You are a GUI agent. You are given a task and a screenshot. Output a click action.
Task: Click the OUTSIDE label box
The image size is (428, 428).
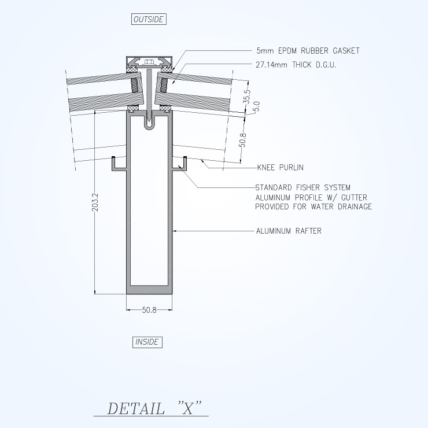pyautogui.click(x=149, y=19)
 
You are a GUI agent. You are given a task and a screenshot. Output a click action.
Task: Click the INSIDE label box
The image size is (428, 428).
pyautogui.click(x=147, y=342)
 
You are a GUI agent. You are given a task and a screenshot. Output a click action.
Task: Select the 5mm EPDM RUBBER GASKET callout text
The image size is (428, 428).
pyautogui.click(x=308, y=51)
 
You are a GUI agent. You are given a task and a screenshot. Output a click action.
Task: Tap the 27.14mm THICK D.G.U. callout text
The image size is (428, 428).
pyautogui.click(x=296, y=65)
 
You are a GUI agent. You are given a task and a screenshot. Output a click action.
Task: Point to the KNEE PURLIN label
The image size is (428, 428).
pyautogui.click(x=281, y=167)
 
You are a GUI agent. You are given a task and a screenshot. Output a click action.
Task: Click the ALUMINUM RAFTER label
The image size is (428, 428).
pyautogui.click(x=289, y=231)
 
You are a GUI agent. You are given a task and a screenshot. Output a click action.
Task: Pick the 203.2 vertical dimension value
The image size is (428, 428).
pyautogui.click(x=95, y=202)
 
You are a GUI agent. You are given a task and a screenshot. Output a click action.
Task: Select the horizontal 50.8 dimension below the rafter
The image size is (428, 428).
pyautogui.click(x=149, y=310)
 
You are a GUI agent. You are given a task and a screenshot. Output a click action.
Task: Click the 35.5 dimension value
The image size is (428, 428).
pyautogui.click(x=247, y=97)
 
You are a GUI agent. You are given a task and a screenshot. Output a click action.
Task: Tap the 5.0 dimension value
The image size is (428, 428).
pyautogui.click(x=256, y=106)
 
